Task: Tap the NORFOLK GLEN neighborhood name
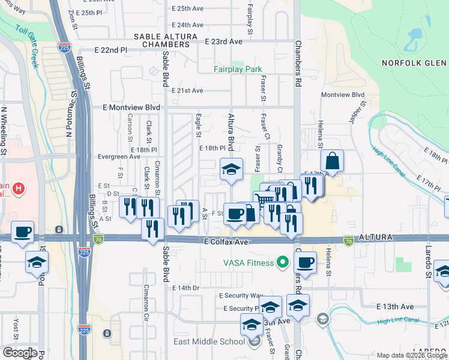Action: click(x=414, y=63)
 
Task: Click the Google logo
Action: click(x=20, y=353)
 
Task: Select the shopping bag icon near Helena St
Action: click(x=332, y=161)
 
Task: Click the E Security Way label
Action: click(x=241, y=296)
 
